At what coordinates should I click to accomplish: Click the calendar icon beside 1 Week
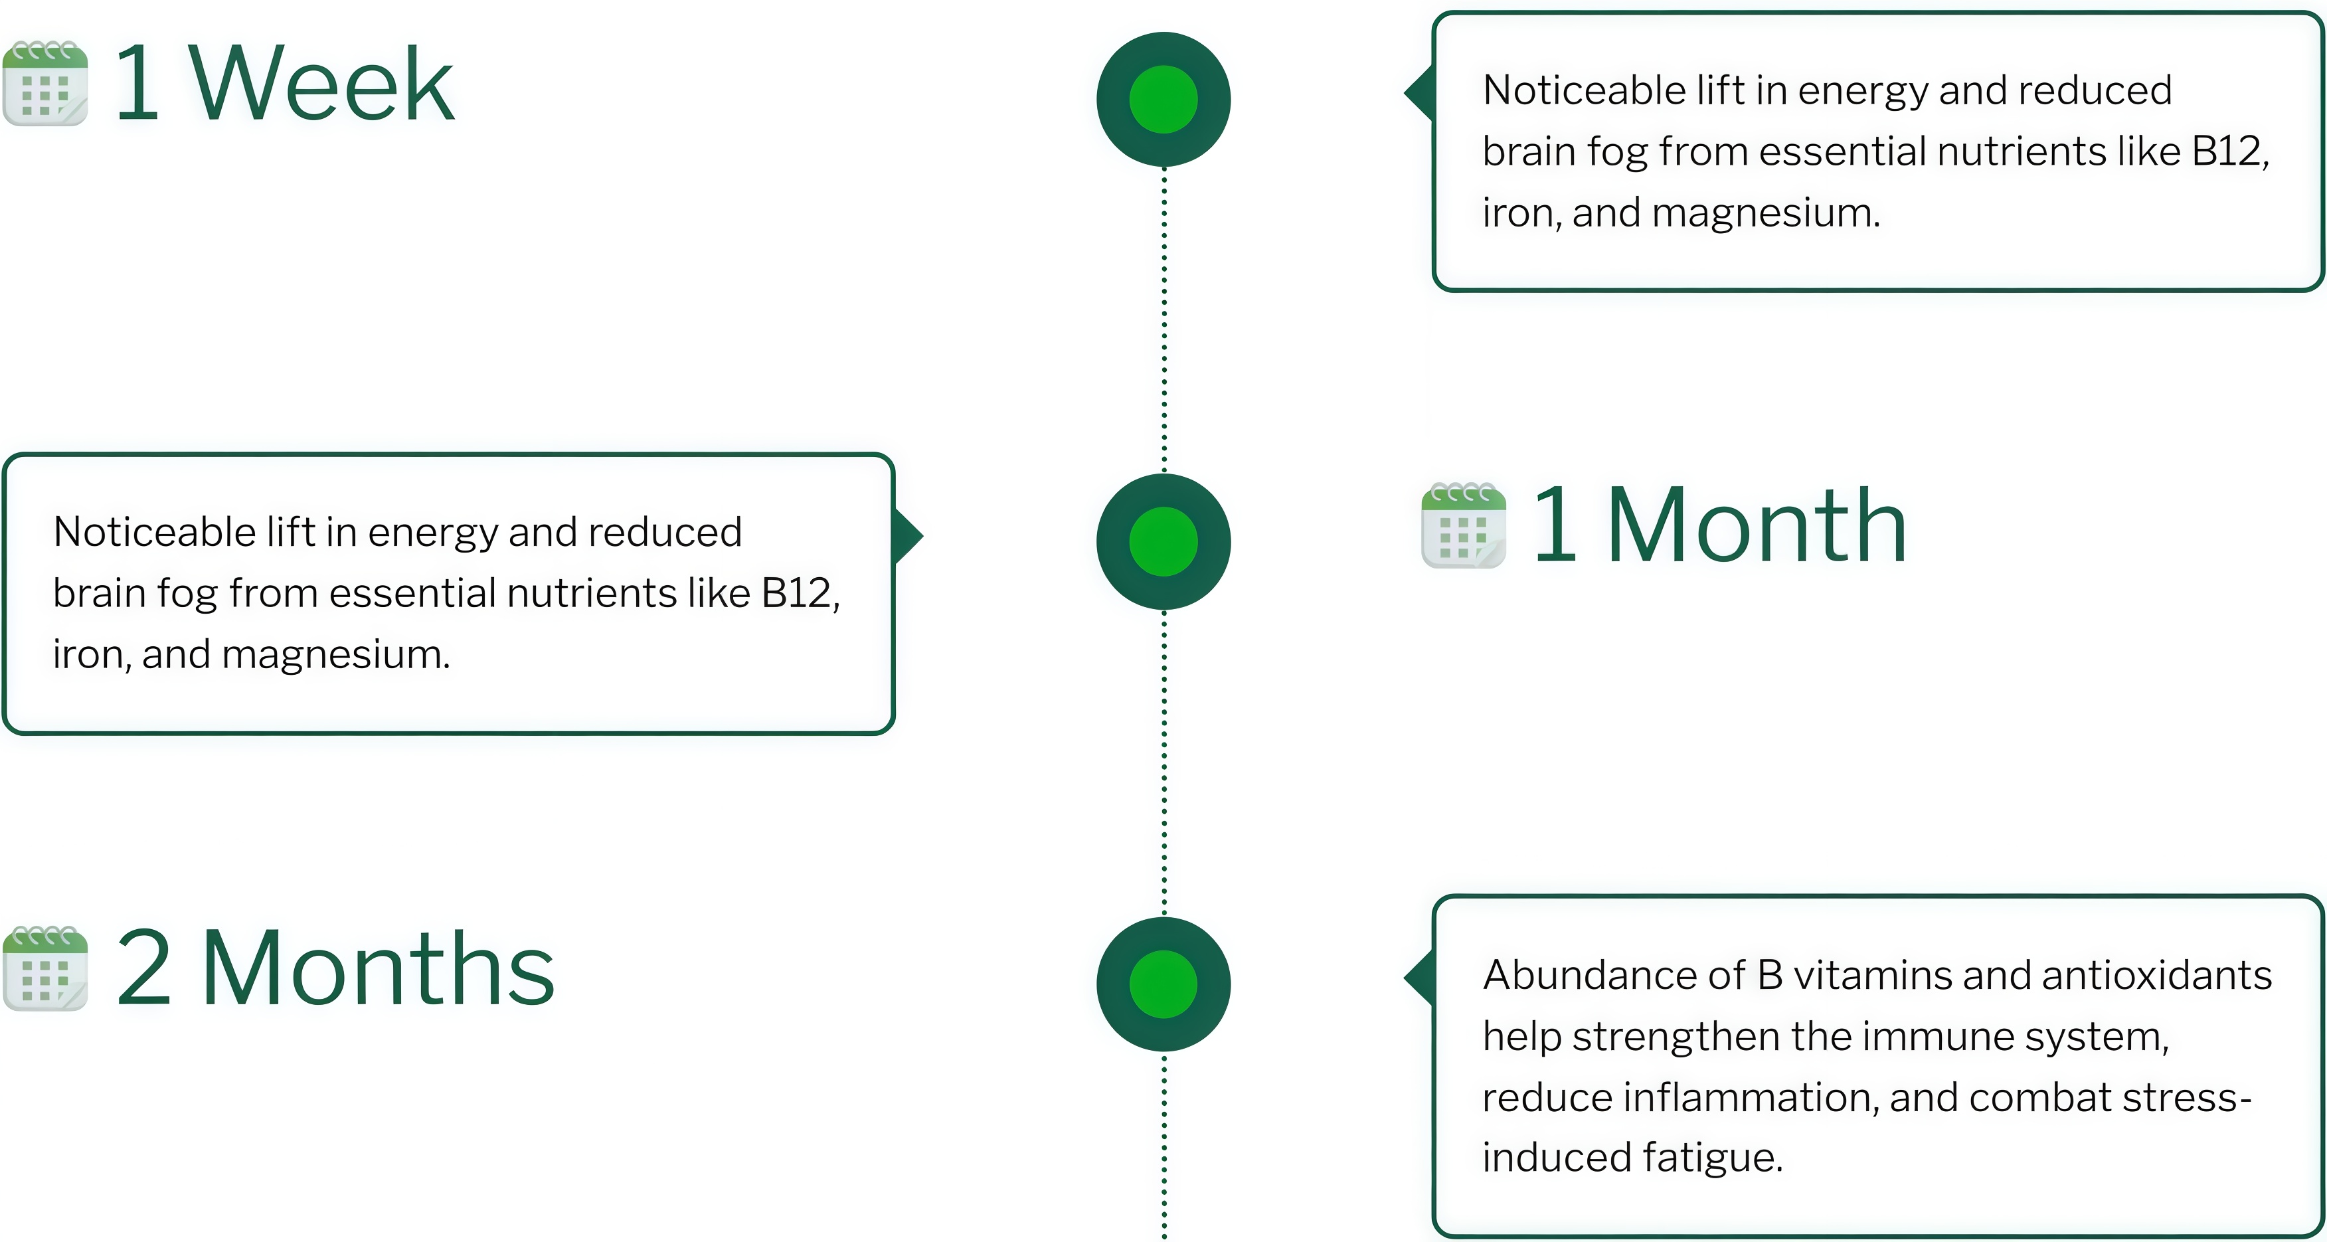45,83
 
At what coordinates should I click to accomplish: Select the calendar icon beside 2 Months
45,968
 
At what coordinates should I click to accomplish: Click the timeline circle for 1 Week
1163,100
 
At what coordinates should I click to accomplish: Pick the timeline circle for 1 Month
1163,541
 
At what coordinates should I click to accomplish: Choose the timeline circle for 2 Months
1163,984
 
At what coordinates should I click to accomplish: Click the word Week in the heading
321,85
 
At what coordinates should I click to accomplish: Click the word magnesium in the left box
335,655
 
